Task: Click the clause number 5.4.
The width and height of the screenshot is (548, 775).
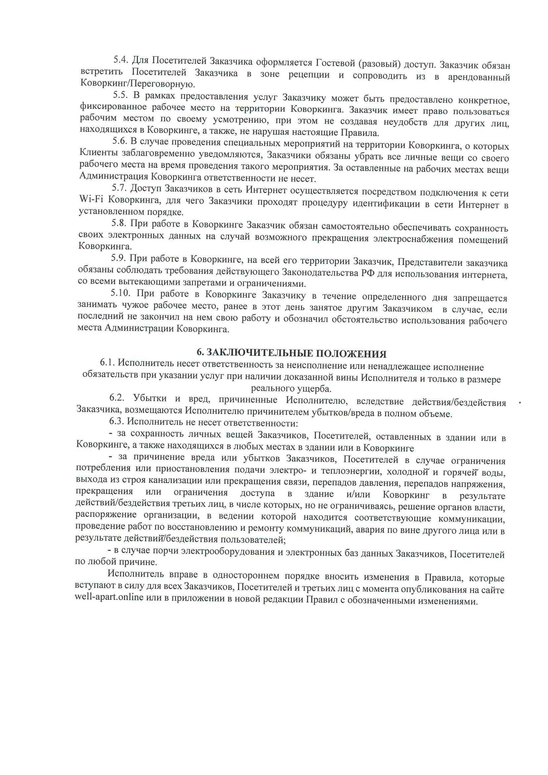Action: [120, 60]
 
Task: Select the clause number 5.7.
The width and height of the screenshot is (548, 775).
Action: [119, 188]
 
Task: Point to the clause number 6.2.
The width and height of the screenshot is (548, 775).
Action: [117, 398]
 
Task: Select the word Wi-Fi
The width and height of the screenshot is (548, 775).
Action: [91, 199]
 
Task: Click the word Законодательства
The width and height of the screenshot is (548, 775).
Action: [320, 272]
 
